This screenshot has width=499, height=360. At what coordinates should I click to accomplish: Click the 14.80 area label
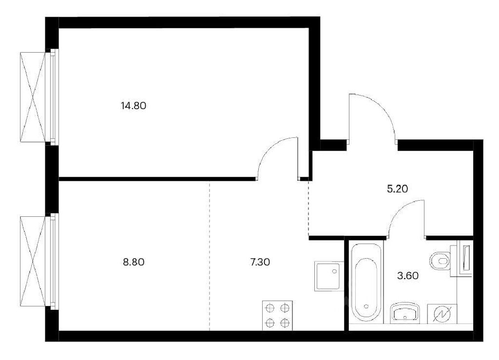coord(134,106)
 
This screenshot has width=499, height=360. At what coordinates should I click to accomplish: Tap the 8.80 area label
coord(134,262)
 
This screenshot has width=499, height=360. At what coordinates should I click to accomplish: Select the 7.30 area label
coord(260,262)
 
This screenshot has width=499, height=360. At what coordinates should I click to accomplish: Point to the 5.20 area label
coord(398,189)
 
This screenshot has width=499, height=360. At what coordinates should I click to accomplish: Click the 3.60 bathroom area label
coord(408,275)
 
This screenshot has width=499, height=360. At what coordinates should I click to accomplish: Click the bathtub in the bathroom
coord(366,283)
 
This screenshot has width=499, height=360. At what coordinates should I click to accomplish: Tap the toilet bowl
coord(440,262)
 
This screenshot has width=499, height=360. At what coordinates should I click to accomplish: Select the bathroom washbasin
coord(405,313)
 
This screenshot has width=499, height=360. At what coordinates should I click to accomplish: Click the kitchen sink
coord(329,276)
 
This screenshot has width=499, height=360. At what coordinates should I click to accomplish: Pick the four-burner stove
coord(277,316)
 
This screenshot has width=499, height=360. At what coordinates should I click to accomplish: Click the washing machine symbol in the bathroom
coord(442,314)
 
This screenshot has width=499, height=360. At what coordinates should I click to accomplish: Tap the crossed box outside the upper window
coord(33,97)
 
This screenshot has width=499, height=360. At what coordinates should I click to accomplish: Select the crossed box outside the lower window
coord(33,261)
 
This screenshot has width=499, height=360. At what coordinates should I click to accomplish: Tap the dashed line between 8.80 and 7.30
coord(210,256)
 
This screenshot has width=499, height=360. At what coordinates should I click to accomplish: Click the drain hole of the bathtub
coord(366,306)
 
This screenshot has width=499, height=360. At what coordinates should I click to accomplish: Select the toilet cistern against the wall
coord(465,258)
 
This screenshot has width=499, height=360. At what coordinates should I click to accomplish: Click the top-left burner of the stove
coord(270,308)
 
